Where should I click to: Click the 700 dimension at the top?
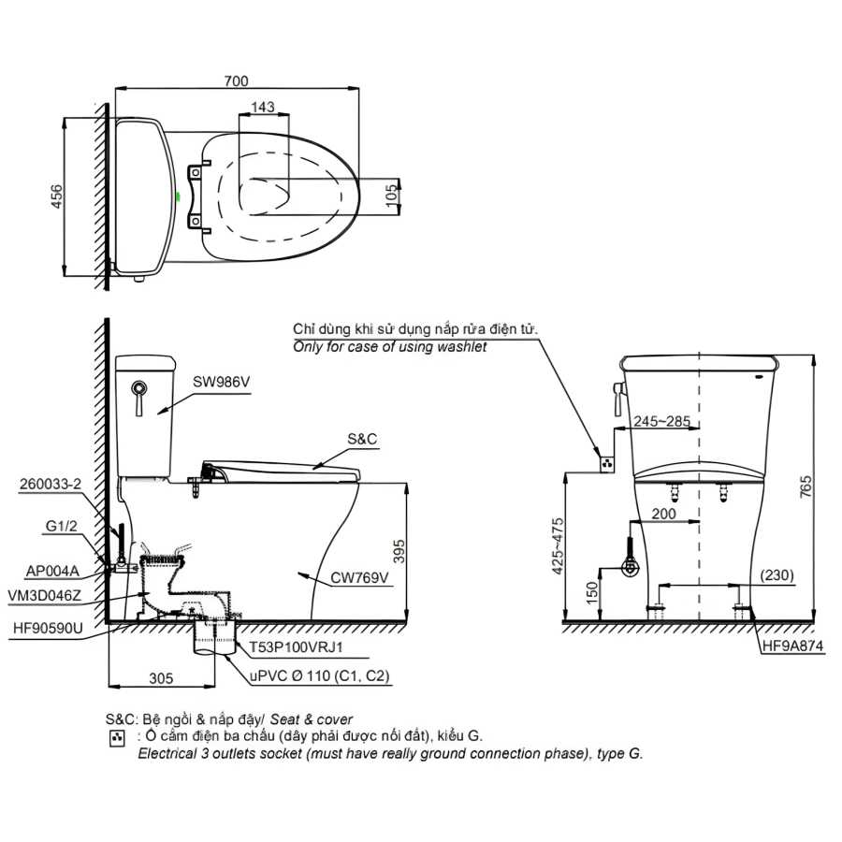pyautogui.click(x=237, y=81)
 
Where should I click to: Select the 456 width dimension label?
pyautogui.click(x=56, y=196)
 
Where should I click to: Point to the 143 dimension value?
pyautogui.click(x=263, y=107)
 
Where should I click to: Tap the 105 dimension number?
pyautogui.click(x=393, y=192)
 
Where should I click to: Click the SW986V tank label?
pyautogui.click(x=221, y=382)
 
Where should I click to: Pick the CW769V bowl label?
pyautogui.click(x=359, y=578)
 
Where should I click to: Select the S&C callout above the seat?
pyautogui.click(x=362, y=439)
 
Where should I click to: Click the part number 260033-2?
pyautogui.click(x=51, y=484)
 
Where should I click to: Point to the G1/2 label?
pyautogui.click(x=61, y=526)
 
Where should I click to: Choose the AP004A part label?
pyautogui.click(x=52, y=571)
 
